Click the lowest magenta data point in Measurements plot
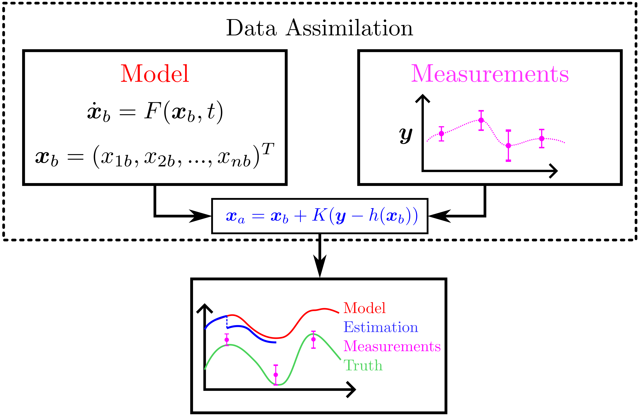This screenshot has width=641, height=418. (508, 146)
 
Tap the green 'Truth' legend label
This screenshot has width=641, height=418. (363, 365)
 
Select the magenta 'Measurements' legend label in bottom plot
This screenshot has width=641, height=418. (392, 346)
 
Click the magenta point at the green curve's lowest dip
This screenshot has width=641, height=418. (276, 375)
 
